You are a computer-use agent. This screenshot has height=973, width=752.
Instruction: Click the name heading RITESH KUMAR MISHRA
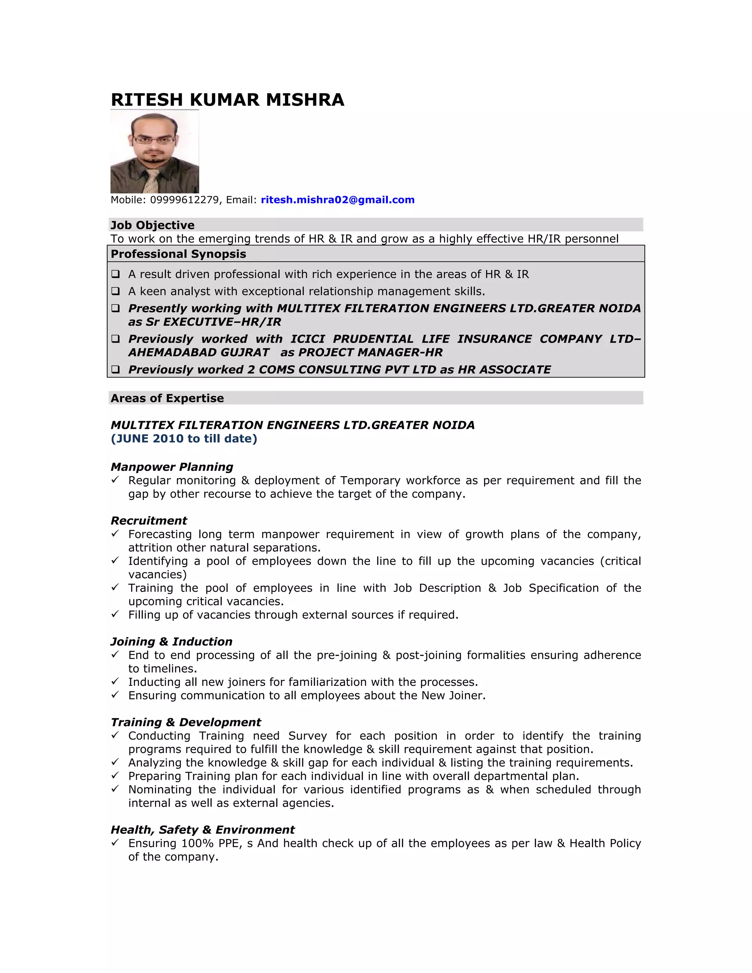click(227, 100)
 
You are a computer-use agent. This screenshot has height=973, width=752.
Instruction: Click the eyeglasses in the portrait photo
click(154, 140)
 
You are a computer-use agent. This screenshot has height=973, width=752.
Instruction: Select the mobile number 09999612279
click(184, 200)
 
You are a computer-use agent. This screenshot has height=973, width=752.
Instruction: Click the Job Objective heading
click(152, 225)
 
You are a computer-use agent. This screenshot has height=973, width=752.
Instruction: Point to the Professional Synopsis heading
click(178, 254)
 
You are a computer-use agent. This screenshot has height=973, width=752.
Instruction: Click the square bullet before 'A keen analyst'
click(115, 292)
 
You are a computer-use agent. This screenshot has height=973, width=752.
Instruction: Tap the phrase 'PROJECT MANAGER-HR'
click(370, 352)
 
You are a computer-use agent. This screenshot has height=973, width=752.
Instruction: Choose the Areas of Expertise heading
click(167, 398)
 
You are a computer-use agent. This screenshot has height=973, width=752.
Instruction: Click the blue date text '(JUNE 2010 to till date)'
click(184, 439)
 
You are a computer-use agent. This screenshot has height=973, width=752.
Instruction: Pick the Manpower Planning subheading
click(171, 467)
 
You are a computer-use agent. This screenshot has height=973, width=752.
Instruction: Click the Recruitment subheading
click(149, 521)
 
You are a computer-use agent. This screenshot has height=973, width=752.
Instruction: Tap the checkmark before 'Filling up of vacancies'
click(115, 614)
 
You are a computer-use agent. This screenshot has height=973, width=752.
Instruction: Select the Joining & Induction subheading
click(171, 641)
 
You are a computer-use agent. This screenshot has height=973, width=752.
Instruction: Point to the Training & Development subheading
click(186, 722)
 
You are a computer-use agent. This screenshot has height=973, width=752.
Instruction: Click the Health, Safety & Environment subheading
click(202, 829)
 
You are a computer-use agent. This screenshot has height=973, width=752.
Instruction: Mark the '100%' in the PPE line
click(197, 843)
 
